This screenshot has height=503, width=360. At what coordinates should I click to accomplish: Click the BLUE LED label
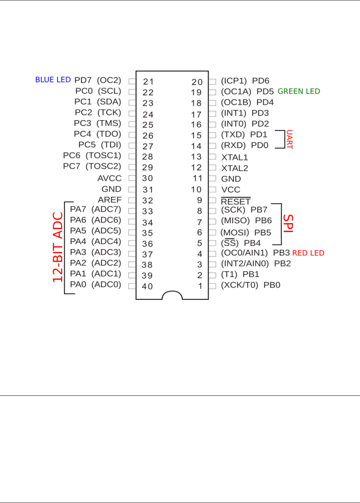tap(53, 80)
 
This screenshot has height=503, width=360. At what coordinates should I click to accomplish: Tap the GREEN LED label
tap(299, 91)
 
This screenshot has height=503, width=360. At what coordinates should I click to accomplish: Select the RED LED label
tap(308, 253)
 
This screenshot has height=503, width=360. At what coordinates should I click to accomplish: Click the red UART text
tap(289, 140)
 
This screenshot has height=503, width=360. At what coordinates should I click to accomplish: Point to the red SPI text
tap(288, 223)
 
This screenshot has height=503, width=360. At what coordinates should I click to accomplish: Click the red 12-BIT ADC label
tap(58, 247)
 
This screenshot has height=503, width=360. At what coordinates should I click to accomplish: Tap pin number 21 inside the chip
tap(148, 82)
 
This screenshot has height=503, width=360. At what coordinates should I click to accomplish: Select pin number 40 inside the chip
tap(147, 286)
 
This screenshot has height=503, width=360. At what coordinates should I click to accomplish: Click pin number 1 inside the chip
tap(200, 286)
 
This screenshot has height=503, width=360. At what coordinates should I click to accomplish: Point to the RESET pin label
tap(235, 202)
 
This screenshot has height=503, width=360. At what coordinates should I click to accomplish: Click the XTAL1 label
tap(235, 158)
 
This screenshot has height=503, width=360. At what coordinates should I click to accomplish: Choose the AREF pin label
tap(110, 200)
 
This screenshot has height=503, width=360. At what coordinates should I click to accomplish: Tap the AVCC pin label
tap(109, 178)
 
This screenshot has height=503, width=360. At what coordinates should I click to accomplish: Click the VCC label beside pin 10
tap(231, 190)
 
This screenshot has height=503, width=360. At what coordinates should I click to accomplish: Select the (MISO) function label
tap(235, 221)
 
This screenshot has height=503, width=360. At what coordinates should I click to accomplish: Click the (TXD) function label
tap(233, 134)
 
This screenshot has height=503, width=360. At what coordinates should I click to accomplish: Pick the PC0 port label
tap(84, 91)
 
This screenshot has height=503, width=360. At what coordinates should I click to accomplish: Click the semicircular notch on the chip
tap(172, 295)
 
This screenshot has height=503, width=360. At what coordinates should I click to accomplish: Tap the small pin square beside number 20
tap(212, 82)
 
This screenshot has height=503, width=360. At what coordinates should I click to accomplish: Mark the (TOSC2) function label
tap(103, 166)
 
